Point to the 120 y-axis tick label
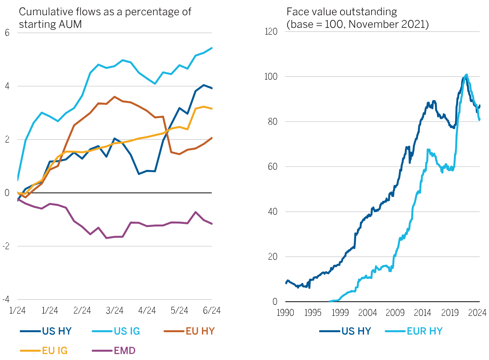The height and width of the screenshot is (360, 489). pos(271,31)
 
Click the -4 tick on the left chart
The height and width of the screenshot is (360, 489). pos(6,299)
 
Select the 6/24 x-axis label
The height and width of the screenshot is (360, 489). pos(212,310)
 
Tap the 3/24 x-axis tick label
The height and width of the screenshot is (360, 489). pos(114,310)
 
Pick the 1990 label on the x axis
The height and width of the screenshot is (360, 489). pos(285,312)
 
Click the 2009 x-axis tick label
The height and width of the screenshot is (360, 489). pos(395,312)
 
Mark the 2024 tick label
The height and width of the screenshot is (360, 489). pos(477,312)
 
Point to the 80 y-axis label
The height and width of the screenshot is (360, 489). pos(273,121)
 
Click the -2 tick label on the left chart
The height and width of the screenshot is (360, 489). pos(6,246)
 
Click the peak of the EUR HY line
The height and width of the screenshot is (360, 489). pos(467,75)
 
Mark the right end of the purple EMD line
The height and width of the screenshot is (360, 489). pos(212,224)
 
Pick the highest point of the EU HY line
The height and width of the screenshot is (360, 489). pos(114,97)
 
